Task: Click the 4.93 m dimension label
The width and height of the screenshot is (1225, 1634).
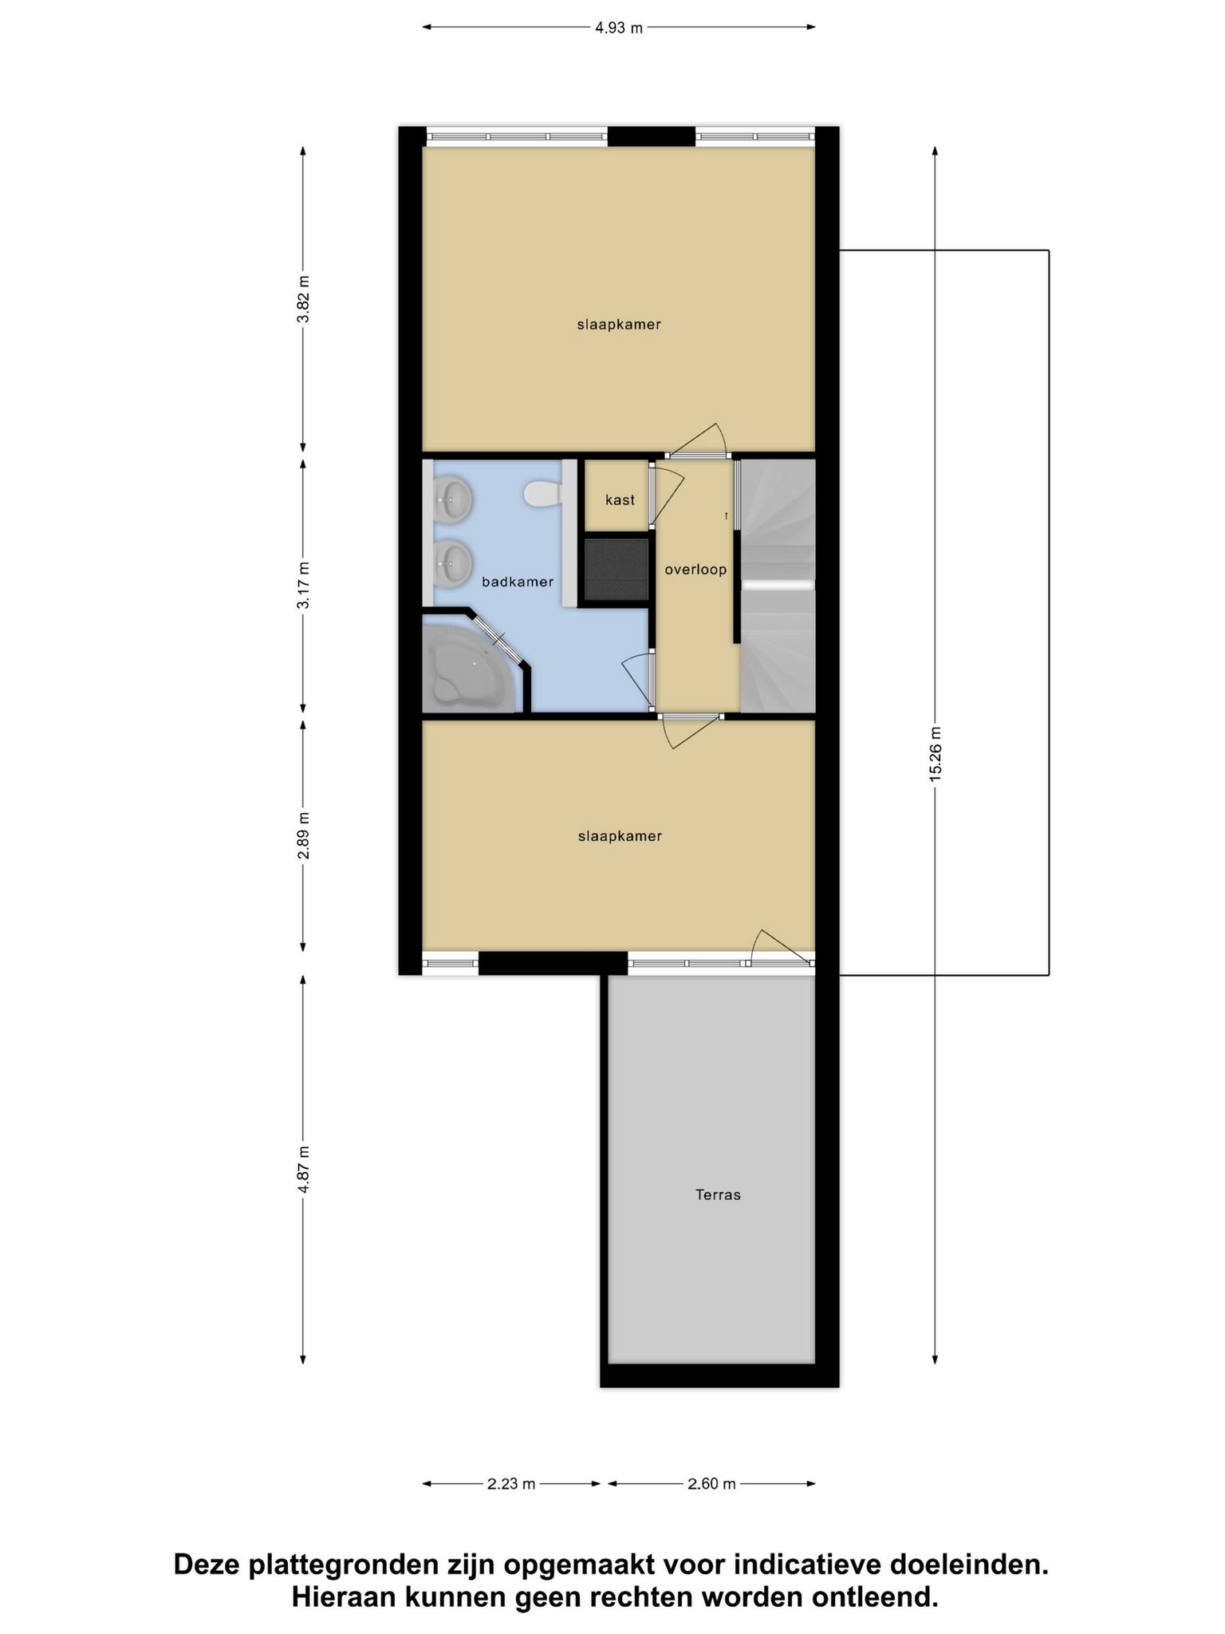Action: pyautogui.click(x=619, y=28)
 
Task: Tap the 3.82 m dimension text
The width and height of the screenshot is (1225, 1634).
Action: pyautogui.click(x=303, y=298)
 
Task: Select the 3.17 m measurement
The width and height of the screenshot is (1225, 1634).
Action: pyautogui.click(x=303, y=586)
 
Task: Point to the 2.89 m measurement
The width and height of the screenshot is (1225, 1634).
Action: pyautogui.click(x=303, y=836)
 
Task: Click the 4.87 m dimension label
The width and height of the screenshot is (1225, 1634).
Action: pyautogui.click(x=303, y=1169)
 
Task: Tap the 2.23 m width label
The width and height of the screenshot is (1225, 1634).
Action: pyautogui.click(x=511, y=1484)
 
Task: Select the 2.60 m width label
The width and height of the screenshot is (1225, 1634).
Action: pyautogui.click(x=711, y=1484)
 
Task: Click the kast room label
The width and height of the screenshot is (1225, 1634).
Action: pyautogui.click(x=620, y=500)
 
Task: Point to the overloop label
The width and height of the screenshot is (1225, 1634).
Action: pyautogui.click(x=696, y=570)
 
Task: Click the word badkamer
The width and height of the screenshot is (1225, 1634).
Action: pyautogui.click(x=518, y=582)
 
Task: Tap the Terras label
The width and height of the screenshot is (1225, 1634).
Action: pyautogui.click(x=718, y=1194)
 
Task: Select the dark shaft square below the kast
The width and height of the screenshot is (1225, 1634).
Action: pyautogui.click(x=616, y=569)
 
